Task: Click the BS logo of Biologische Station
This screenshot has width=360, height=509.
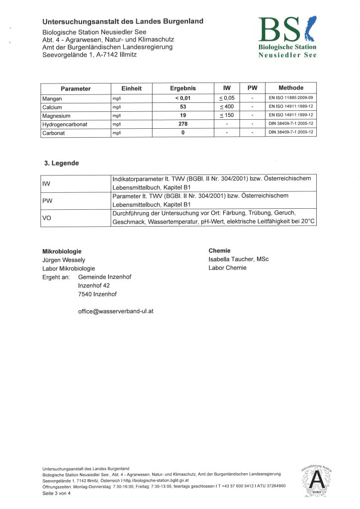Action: [286, 29]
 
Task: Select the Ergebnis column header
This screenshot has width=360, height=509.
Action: [183, 88]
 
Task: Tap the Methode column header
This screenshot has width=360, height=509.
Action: [290, 88]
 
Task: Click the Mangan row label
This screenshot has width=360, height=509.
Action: [52, 98]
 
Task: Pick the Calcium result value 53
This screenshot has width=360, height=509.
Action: [183, 107]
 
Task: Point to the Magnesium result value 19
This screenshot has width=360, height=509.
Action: [183, 115]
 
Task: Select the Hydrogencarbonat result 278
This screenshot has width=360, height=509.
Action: [183, 124]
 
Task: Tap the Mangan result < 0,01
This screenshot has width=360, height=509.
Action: [183, 98]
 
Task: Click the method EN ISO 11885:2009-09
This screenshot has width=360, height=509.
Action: [290, 98]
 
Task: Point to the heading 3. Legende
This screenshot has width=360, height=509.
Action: [62, 163]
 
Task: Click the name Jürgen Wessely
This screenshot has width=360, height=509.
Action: [64, 260]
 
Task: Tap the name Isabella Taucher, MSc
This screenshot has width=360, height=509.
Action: [238, 259]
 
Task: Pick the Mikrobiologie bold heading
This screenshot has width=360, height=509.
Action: [62, 251]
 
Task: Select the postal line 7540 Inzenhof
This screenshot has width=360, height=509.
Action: [97, 294]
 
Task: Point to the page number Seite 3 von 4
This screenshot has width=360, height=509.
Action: [57, 493]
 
